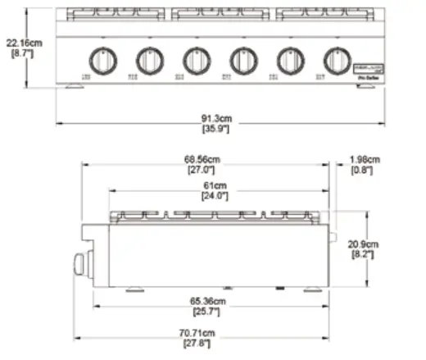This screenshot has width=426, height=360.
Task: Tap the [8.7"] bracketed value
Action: click(20, 52)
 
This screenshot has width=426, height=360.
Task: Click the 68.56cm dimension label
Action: click(202, 158)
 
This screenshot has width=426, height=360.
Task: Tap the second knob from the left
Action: click(148, 60)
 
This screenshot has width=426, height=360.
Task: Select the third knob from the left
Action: click(195, 60)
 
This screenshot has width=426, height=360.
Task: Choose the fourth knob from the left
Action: click(242, 60)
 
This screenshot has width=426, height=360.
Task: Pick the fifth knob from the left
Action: click(289, 60)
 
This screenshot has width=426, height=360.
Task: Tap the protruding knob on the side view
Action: click(80, 264)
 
